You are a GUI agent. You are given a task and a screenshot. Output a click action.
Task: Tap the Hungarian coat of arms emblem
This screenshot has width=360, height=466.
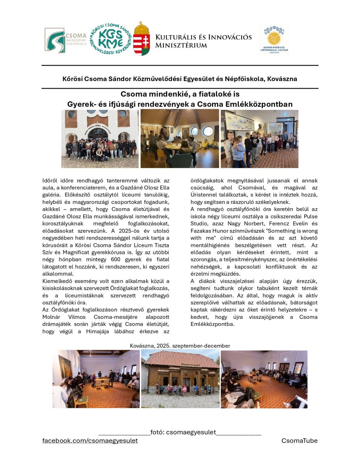coord(141,39)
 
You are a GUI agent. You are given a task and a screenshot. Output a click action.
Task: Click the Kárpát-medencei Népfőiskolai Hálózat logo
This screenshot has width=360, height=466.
coord(274,40)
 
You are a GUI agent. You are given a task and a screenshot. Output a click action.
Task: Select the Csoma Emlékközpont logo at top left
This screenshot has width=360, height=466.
coord(59,40)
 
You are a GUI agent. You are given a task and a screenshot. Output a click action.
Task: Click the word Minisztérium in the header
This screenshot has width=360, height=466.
coord(181,45)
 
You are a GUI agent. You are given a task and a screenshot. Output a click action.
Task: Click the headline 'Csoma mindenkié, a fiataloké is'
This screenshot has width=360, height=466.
coord(180,94)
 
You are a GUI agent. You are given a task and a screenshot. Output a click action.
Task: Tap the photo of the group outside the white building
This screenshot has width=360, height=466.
coord(100,139)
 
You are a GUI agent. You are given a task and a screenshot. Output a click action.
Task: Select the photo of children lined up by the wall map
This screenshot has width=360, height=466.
coord(259,139)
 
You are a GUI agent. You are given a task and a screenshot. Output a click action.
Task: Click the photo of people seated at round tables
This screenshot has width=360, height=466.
coord(179,139)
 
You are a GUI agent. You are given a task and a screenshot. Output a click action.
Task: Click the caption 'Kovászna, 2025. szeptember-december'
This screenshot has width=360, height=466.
coord(180,346)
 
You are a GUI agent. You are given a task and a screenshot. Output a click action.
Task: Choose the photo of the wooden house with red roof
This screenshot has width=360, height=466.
coord(180,379)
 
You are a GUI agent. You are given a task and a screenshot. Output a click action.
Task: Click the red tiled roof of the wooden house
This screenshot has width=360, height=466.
coord(180,359)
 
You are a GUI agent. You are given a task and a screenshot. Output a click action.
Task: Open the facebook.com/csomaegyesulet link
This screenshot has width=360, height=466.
coord(90,441)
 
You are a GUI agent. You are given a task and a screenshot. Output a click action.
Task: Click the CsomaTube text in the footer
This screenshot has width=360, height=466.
coord(299,441)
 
